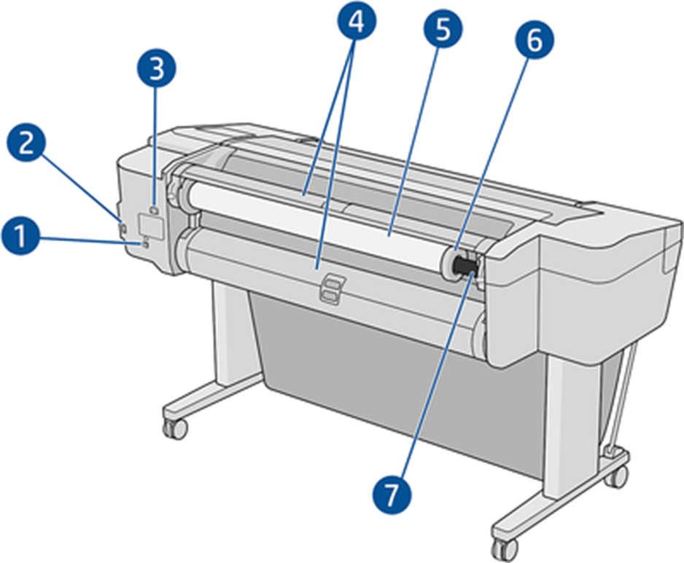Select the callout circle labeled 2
click(27, 143)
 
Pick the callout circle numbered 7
click(391, 495)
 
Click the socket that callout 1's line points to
click(144, 245)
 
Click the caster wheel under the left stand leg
click(175, 428)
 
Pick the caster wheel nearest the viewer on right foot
click(504, 546)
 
